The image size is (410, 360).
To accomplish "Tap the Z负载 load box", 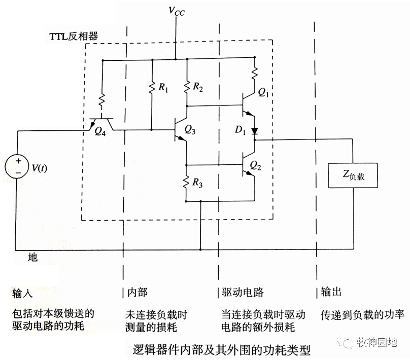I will tap(353, 175).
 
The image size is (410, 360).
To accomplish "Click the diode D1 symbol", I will tap(254, 132).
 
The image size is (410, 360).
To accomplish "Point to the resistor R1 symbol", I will tap(152, 87).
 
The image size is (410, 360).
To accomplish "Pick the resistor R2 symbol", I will tap(187, 87).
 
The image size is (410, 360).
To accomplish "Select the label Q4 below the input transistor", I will tap(100, 130).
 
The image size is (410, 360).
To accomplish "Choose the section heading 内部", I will tap(136, 293).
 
